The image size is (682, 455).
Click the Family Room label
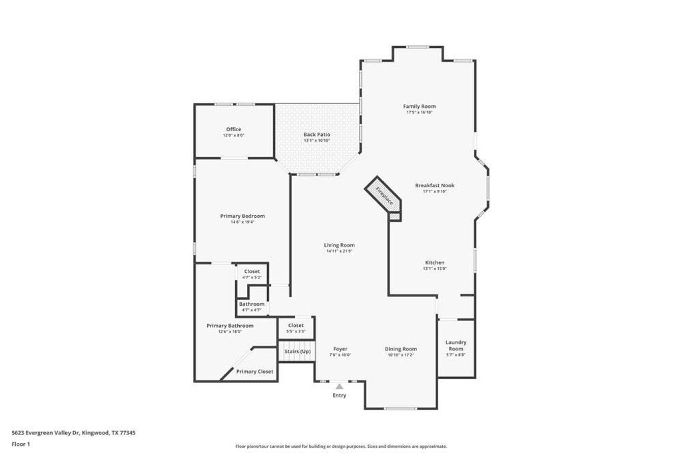click(420, 107)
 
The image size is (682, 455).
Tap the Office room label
click(233, 129)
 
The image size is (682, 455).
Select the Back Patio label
click(316, 135)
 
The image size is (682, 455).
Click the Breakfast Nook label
click(434, 185)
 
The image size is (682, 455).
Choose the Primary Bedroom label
click(242, 216)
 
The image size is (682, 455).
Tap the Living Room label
click(339, 245)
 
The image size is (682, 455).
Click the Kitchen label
click(434, 262)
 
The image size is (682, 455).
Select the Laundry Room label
click(456, 345)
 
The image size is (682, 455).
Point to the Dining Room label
click(400, 348)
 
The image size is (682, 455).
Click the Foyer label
click(340, 348)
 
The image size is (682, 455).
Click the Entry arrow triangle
click(340, 386)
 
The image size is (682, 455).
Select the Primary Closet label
click(254, 371)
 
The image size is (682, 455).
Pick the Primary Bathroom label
click(230, 326)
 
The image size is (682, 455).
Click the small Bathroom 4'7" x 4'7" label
click(251, 306)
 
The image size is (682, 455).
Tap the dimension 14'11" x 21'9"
click(339, 252)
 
